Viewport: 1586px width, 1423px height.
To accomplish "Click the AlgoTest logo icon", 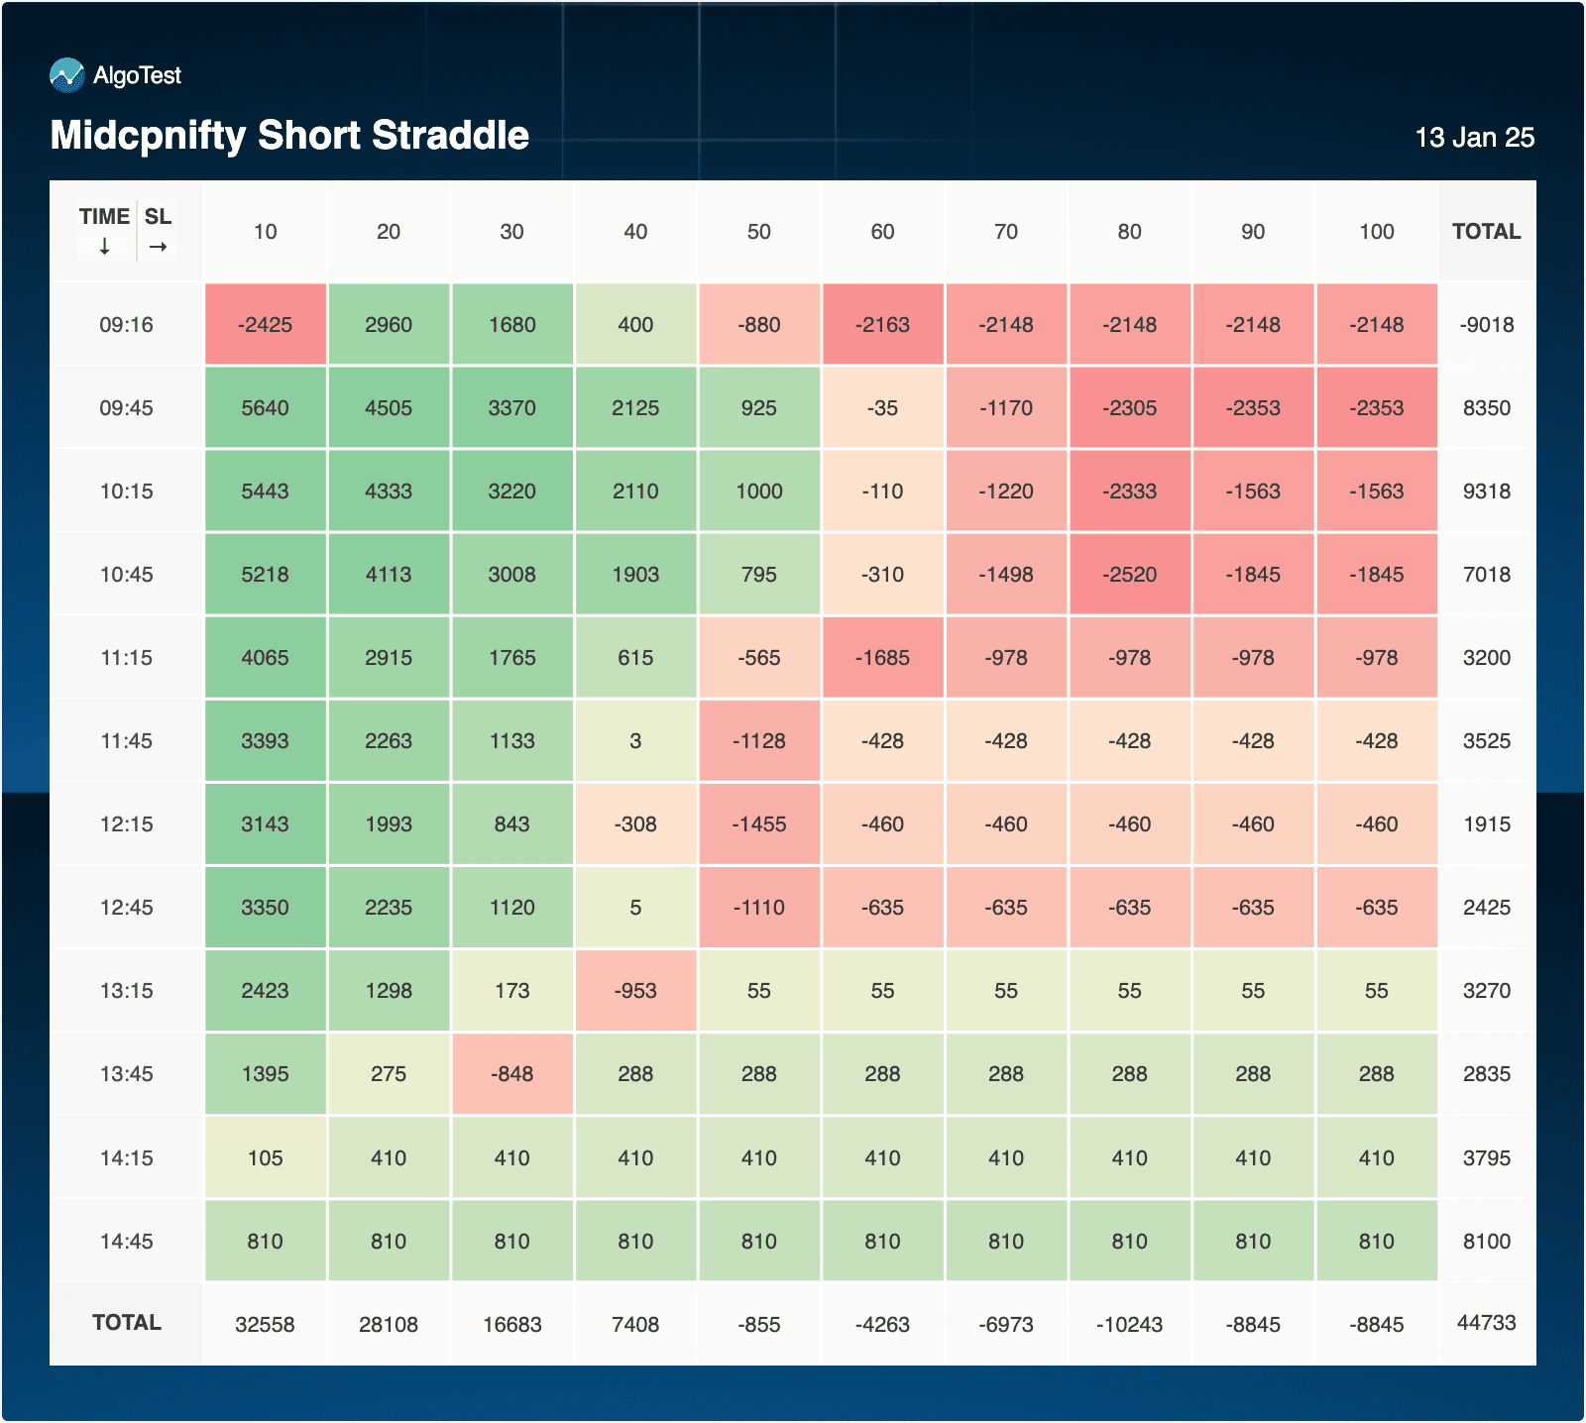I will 66,75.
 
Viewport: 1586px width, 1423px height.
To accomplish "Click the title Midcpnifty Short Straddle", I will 289,136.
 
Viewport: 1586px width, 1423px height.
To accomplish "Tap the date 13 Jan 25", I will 1474,138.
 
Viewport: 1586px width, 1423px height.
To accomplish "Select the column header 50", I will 758,232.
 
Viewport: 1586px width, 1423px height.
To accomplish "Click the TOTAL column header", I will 1486,232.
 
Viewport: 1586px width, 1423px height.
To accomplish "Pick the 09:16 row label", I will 126,325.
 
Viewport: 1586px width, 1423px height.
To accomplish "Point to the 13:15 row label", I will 126,991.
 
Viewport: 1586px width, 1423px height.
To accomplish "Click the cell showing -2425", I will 265,325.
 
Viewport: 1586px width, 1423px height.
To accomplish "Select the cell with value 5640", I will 265,408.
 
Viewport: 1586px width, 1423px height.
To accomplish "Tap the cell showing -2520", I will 1129,575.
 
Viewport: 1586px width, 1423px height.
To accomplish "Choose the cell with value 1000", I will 758,492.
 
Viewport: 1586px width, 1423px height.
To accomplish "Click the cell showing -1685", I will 882,658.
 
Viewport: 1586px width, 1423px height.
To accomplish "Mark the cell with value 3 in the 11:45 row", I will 635,741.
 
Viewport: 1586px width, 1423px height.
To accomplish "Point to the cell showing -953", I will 635,991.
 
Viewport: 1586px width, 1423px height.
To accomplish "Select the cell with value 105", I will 265,1158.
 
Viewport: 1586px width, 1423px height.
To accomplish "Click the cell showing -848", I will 511,1074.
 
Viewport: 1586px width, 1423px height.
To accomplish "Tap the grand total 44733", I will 1486,1323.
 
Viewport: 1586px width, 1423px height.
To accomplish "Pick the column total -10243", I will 1129,1325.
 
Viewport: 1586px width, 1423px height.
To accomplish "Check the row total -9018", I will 1486,325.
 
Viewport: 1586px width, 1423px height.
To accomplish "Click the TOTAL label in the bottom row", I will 126,1323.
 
